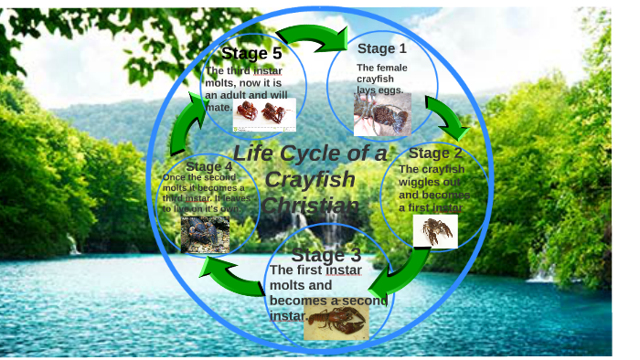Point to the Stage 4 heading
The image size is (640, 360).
click(209, 166)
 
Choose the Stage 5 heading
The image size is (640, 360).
click(251, 53)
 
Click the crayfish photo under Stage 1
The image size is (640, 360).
click(381, 114)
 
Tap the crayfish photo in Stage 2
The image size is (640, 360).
click(435, 231)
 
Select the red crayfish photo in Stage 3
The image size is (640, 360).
click(336, 320)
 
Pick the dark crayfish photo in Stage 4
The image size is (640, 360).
click(205, 234)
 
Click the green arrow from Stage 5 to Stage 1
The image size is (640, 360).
click(312, 37)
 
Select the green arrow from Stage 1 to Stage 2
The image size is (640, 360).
click(445, 114)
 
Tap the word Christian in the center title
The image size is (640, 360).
click(311, 206)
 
